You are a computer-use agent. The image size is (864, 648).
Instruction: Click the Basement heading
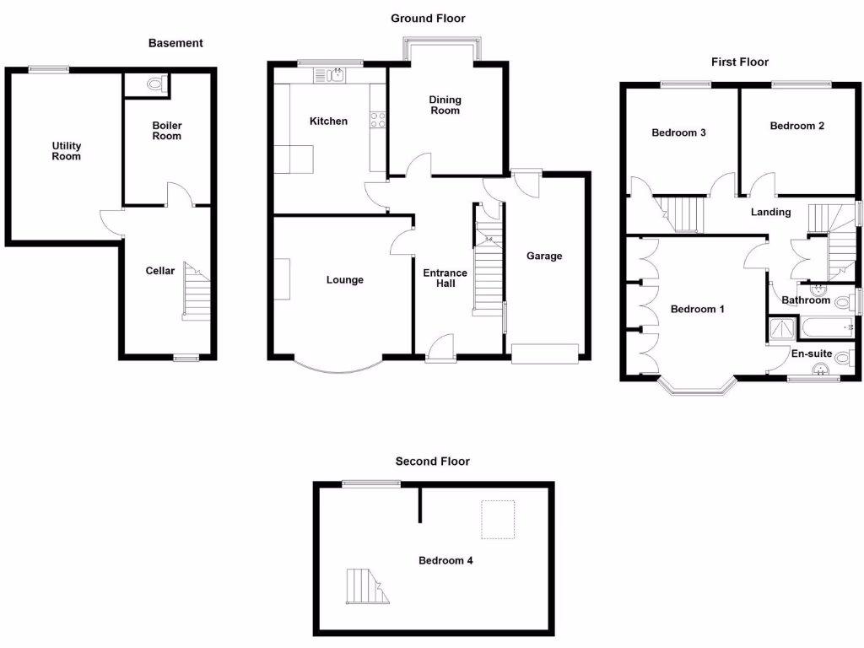pyautogui.click(x=175, y=43)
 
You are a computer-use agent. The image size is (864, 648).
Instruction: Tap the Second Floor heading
pyautogui.click(x=432, y=462)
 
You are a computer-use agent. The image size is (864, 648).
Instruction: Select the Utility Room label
pyautogui.click(x=66, y=151)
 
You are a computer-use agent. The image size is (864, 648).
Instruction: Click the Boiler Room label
pyautogui.click(x=166, y=131)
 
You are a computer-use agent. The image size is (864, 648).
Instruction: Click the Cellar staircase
pyautogui.click(x=197, y=294)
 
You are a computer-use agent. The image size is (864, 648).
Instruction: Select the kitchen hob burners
pyautogui.click(x=377, y=120)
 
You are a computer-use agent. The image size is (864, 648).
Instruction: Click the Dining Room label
pyautogui.click(x=445, y=105)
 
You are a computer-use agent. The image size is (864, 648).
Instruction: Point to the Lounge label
pyautogui.click(x=344, y=280)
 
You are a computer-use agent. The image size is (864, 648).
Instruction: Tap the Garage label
pyautogui.click(x=543, y=256)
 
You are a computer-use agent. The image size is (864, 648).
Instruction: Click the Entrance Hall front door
pyautogui.click(x=440, y=348)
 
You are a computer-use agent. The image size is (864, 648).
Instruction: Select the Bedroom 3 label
pyautogui.click(x=678, y=132)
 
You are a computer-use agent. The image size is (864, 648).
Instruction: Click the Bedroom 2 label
pyautogui.click(x=796, y=127)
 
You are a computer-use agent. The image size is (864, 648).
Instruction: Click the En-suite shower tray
pyautogui.click(x=780, y=328)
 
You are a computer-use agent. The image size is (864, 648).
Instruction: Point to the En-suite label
pyautogui.click(x=811, y=354)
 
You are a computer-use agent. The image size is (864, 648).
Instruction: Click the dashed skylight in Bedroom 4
pyautogui.click(x=497, y=519)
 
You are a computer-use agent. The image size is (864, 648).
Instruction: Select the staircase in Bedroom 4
pyautogui.click(x=368, y=586)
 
